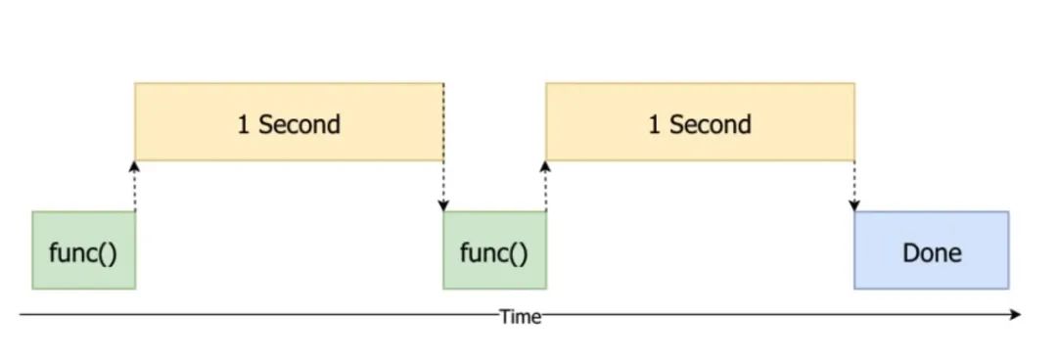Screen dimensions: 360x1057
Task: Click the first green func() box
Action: click(x=83, y=250)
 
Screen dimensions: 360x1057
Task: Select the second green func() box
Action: click(x=494, y=250)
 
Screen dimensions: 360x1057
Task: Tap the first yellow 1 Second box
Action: click(x=289, y=122)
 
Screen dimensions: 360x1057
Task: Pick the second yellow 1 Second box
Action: click(x=700, y=122)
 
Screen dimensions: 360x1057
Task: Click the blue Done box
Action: click(x=931, y=250)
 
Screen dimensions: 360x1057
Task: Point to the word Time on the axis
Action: click(x=520, y=316)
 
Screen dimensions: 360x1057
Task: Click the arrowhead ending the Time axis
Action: click(x=1016, y=315)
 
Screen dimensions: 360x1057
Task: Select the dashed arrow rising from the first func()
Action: click(x=135, y=186)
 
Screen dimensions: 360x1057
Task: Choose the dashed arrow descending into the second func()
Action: click(x=443, y=186)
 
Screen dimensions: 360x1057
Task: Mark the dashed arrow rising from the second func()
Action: click(x=545, y=186)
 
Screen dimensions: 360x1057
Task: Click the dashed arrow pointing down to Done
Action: click(x=854, y=186)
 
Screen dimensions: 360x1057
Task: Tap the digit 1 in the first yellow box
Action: click(x=243, y=124)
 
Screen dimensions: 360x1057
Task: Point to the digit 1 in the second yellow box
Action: click(x=654, y=124)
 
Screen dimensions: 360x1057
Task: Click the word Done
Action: click(x=932, y=252)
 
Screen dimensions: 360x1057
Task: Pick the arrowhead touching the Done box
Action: click(x=854, y=205)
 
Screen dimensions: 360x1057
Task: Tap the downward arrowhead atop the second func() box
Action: click(x=443, y=205)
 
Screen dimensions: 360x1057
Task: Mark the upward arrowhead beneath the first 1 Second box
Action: click(x=135, y=167)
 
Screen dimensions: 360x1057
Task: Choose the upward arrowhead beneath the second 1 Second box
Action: click(x=545, y=167)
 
